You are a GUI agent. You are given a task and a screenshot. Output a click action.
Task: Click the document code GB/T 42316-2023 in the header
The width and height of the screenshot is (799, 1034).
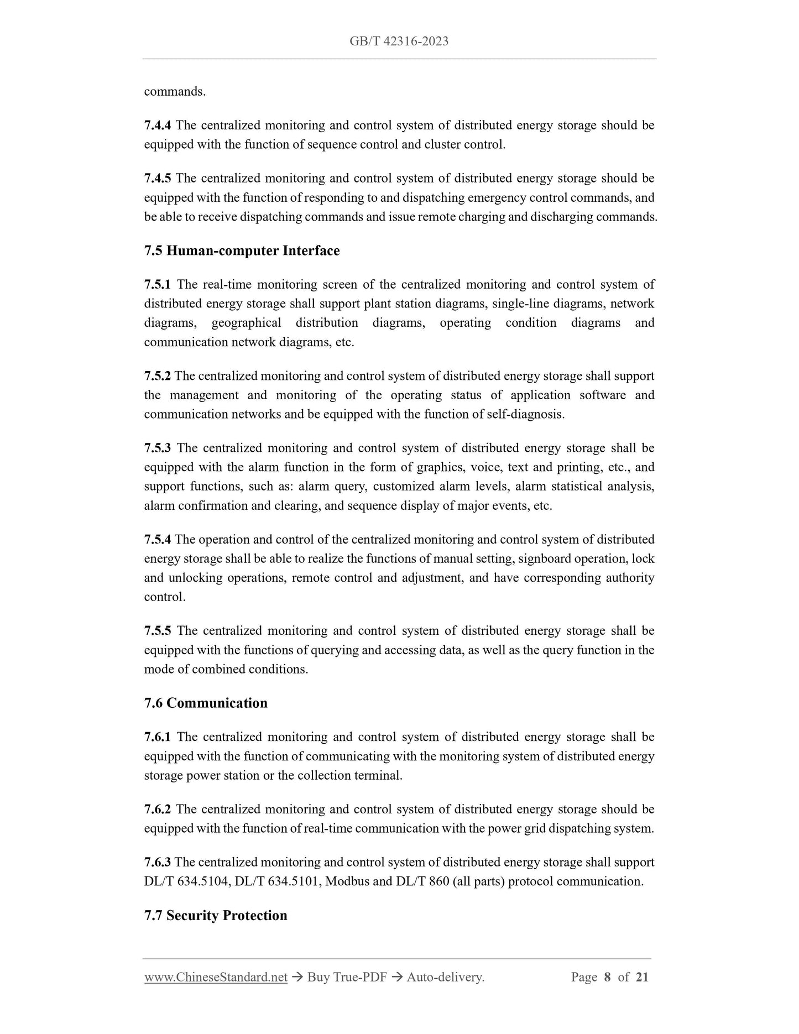(x=399, y=41)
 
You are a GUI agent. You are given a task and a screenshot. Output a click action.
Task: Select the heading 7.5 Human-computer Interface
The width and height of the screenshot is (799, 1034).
(x=242, y=251)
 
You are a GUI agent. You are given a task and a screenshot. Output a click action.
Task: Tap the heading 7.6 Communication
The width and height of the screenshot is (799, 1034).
(x=206, y=703)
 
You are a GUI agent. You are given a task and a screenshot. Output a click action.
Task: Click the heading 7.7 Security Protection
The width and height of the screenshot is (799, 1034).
(x=216, y=916)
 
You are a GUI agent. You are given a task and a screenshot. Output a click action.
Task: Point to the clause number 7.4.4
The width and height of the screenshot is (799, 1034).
(x=158, y=126)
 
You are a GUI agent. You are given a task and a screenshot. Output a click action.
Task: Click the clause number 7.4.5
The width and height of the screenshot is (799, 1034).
(x=158, y=179)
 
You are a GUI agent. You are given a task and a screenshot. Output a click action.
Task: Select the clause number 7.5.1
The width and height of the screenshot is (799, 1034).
(x=158, y=285)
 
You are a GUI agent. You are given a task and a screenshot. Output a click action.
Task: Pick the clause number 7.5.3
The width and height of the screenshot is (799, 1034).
(x=158, y=448)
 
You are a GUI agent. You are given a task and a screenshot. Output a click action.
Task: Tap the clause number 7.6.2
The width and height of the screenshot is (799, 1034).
(x=158, y=810)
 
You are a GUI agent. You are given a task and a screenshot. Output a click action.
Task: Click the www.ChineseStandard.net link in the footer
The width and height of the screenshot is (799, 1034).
(x=216, y=978)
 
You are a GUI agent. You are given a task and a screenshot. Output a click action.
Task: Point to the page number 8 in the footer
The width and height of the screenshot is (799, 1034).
(x=607, y=978)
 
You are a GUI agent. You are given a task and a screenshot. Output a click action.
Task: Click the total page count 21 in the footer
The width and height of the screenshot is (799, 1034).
(x=642, y=978)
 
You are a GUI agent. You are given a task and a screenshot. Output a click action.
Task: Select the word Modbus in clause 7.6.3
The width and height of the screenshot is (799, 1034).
(x=347, y=881)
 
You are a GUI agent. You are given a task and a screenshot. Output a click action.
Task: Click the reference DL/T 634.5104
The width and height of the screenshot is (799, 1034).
(x=186, y=881)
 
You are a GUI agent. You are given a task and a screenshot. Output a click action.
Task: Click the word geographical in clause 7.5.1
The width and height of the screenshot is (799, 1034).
(x=246, y=323)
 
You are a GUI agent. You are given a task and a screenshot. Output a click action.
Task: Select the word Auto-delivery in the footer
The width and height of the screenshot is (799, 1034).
(x=445, y=978)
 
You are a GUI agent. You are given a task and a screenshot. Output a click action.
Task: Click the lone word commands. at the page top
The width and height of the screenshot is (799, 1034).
(x=175, y=92)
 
